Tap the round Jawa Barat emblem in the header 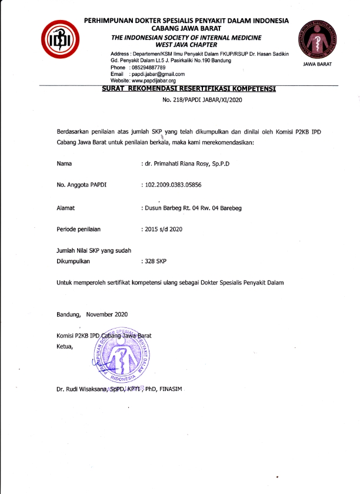coord(319,38)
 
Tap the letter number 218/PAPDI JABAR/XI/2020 coord(202,100)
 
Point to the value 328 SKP coord(157,260)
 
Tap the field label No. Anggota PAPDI coord(81,185)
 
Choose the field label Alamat coord(65,208)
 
